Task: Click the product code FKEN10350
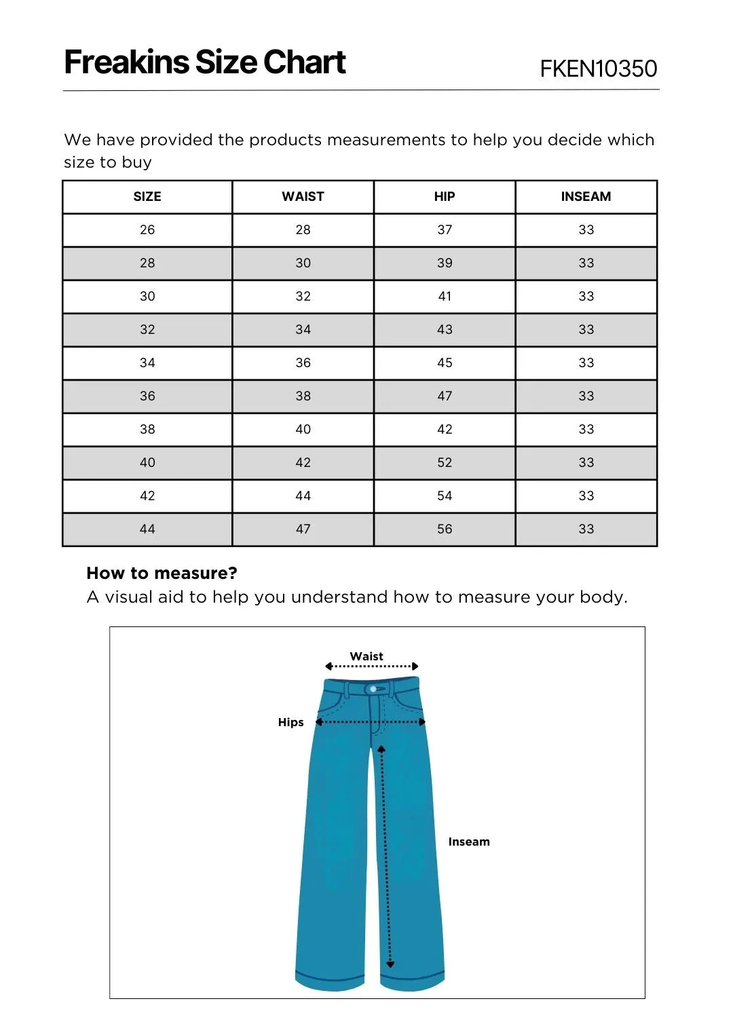598,69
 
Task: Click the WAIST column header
303,197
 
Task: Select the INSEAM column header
586,197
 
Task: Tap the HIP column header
445,197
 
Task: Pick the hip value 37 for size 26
445,230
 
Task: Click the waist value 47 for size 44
303,529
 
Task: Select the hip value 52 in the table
445,463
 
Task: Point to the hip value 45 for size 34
445,363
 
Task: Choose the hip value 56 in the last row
445,529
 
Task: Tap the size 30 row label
147,297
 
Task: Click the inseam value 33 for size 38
586,430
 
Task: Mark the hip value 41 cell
445,297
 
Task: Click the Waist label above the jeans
366,656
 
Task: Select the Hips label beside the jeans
290,722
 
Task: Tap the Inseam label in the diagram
468,842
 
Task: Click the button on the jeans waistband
373,690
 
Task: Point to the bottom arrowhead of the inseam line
390,964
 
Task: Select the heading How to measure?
162,573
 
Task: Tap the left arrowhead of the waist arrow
328,666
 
